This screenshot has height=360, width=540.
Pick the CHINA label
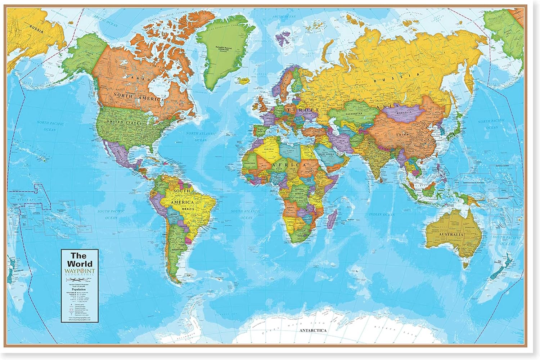pyautogui.click(x=402, y=135)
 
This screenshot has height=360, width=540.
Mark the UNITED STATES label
pyautogui.click(x=122, y=123)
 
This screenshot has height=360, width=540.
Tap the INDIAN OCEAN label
pyautogui.click(x=382, y=215)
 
